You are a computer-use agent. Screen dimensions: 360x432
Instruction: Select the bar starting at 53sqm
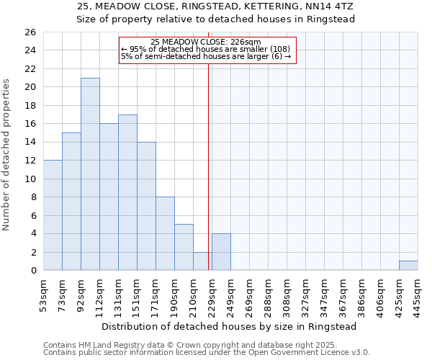(x=53, y=215)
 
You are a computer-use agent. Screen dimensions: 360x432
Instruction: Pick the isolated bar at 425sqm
(x=408, y=266)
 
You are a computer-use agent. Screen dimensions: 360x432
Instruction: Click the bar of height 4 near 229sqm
(x=221, y=252)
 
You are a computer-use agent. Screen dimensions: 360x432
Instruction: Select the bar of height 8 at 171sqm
(x=165, y=234)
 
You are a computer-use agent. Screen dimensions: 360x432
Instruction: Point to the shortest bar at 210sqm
(x=202, y=261)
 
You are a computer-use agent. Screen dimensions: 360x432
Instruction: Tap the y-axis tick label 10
(x=30, y=179)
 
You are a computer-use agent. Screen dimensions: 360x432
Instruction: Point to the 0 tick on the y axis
(x=32, y=271)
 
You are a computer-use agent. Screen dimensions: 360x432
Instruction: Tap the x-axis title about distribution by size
(x=229, y=326)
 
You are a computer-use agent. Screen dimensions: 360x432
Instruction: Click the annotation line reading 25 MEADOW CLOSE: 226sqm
(x=207, y=42)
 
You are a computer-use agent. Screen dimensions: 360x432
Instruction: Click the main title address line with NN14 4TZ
(x=216, y=6)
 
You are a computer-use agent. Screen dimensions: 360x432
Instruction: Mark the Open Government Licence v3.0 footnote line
(x=207, y=352)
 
